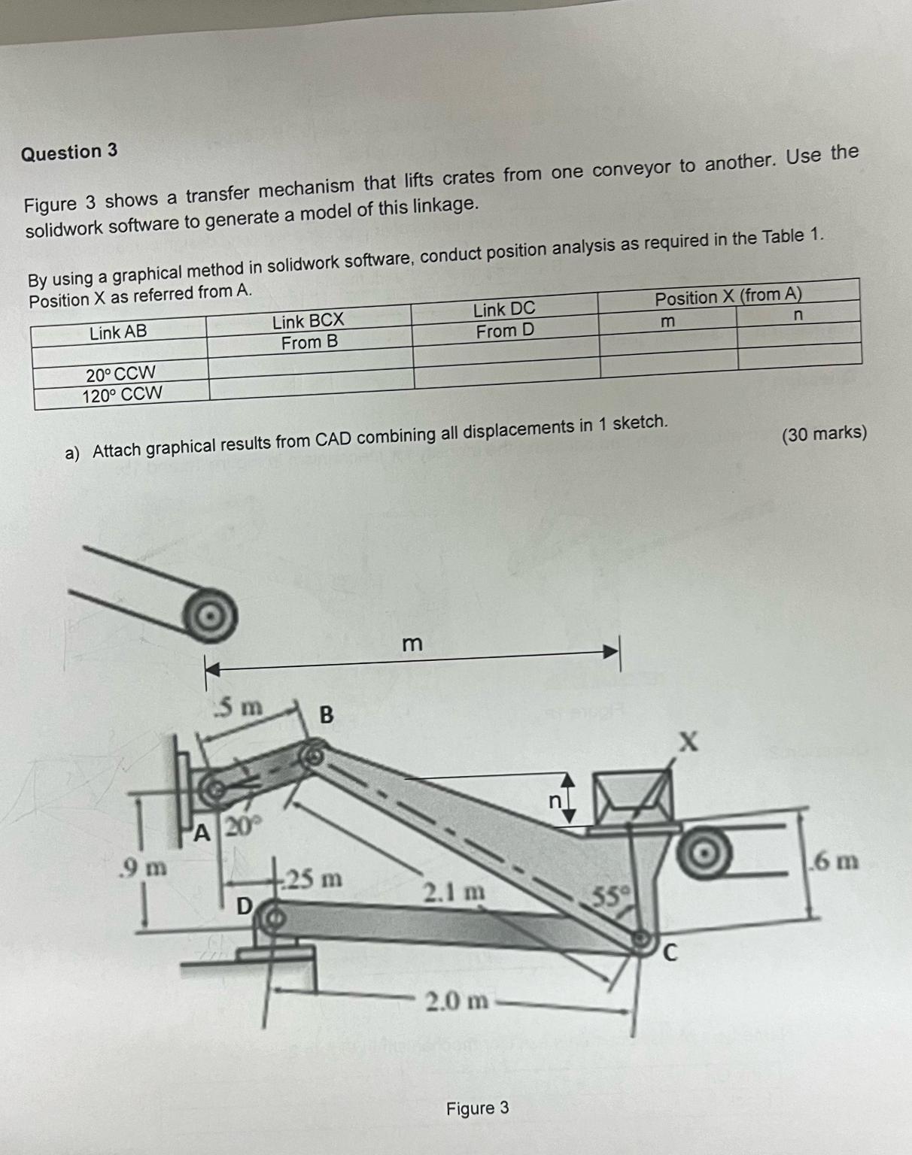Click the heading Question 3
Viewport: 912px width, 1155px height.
pos(69,153)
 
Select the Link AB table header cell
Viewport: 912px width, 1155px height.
pos(118,332)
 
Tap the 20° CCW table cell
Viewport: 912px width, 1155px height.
pos(120,373)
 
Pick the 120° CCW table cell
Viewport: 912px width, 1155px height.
pos(121,394)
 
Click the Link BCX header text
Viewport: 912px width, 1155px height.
pos(308,322)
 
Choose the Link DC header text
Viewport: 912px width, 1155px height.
pos(504,309)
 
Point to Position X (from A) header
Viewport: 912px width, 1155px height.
pos(728,296)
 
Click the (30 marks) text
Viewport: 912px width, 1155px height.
pos(824,434)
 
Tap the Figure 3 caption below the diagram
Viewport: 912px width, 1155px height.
pos(477,1108)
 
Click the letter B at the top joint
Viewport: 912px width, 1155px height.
pos(327,714)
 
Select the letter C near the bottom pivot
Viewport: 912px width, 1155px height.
pos(670,953)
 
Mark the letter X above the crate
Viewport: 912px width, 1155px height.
pos(689,744)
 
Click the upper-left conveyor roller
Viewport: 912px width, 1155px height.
pos(212,615)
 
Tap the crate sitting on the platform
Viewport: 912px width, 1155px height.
pos(631,800)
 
